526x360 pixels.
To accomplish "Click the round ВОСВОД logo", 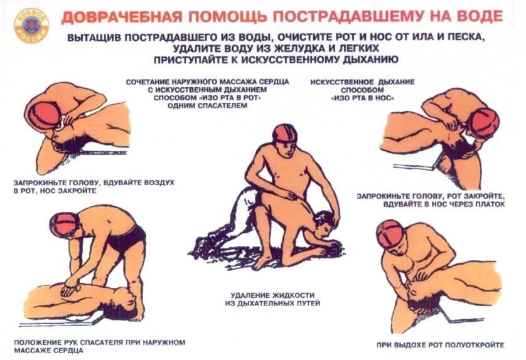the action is pos(31,26).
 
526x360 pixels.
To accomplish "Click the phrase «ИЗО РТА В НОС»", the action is pos(362,98).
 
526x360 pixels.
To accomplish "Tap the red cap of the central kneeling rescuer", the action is pos(284,133).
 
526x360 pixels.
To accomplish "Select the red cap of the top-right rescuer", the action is pos(484,123).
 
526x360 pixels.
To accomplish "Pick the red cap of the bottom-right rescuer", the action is pos(391,235).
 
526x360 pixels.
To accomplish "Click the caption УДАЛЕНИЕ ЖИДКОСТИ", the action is pos(272,295).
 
